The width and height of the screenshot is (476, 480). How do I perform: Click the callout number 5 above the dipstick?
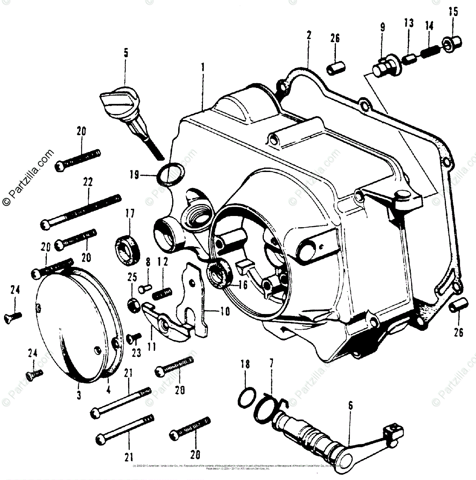126,53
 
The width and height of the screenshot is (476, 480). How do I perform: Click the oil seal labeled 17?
127,248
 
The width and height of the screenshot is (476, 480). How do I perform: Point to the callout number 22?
88,182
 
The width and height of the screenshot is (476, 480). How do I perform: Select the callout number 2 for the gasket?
308,35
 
